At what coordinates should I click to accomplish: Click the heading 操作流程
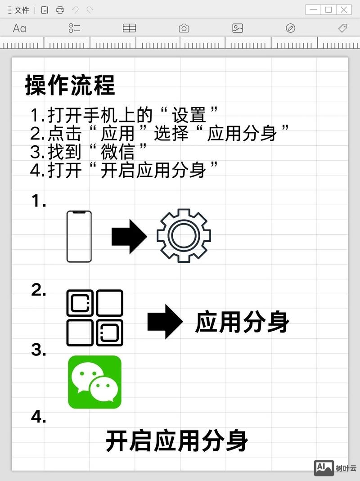click(x=70, y=85)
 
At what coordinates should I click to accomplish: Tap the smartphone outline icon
click(x=79, y=236)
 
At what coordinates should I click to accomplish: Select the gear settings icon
click(x=184, y=235)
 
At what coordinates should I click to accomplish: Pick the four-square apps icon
click(x=94, y=318)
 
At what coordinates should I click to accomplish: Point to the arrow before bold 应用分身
click(x=165, y=321)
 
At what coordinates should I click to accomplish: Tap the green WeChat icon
click(x=94, y=382)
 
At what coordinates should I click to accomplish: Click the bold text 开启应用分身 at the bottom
click(x=177, y=441)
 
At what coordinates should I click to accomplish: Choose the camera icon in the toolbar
click(x=184, y=28)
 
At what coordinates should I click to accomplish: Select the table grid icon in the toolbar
click(x=129, y=28)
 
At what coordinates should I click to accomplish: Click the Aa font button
click(x=19, y=28)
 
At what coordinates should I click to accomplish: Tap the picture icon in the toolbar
click(x=238, y=28)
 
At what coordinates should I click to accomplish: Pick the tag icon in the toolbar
click(x=342, y=28)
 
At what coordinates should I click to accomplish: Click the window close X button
click(x=344, y=9)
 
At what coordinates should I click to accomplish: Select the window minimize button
click(x=313, y=9)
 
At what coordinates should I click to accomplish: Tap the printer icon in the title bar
click(x=60, y=10)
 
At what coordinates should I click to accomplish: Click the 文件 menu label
click(x=22, y=10)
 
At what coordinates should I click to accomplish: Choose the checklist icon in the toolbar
click(x=74, y=28)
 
